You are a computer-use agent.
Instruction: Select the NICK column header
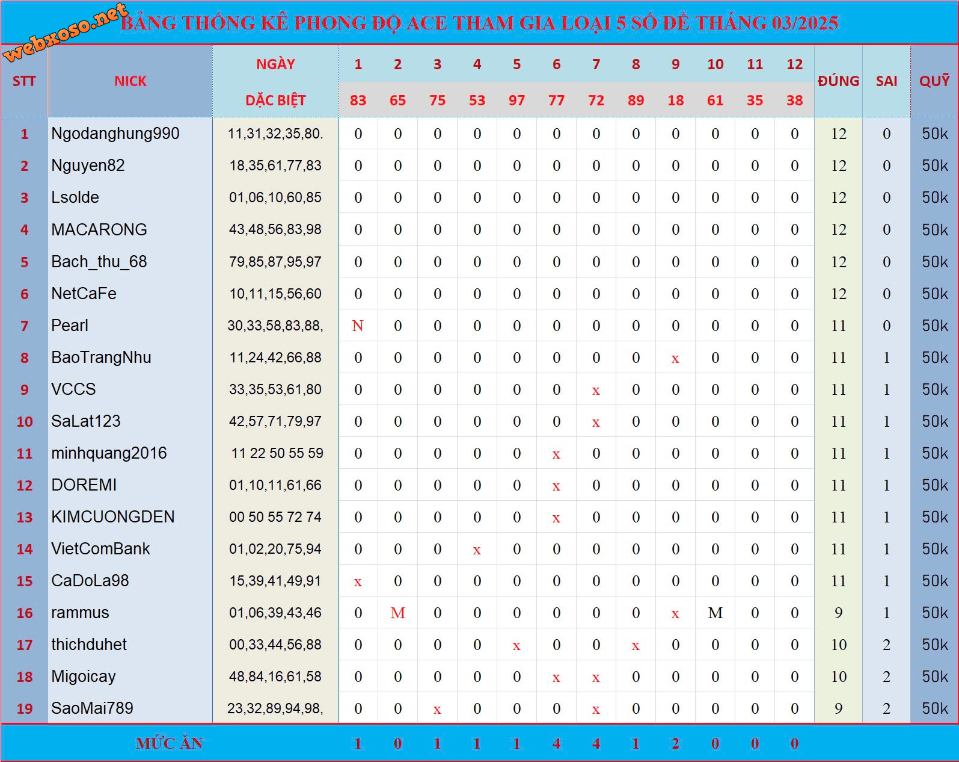130,81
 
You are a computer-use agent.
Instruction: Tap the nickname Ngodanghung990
115,134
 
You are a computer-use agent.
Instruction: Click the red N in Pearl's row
358,326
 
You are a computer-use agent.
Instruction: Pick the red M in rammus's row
397,613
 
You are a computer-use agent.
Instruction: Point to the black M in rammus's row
715,613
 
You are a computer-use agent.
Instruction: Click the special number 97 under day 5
516,101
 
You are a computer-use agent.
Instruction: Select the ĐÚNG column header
838,81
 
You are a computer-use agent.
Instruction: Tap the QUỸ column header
934,81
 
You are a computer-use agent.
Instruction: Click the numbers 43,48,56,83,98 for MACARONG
275,229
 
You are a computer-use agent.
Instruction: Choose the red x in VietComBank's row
477,550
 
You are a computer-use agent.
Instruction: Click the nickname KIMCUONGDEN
113,517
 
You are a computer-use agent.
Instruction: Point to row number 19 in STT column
25,708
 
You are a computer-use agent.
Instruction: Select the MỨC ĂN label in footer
169,744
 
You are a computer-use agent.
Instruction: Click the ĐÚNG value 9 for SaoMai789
838,708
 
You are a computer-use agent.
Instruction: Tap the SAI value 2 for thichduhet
886,645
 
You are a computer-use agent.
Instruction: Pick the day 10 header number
715,64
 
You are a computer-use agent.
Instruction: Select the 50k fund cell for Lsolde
934,197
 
